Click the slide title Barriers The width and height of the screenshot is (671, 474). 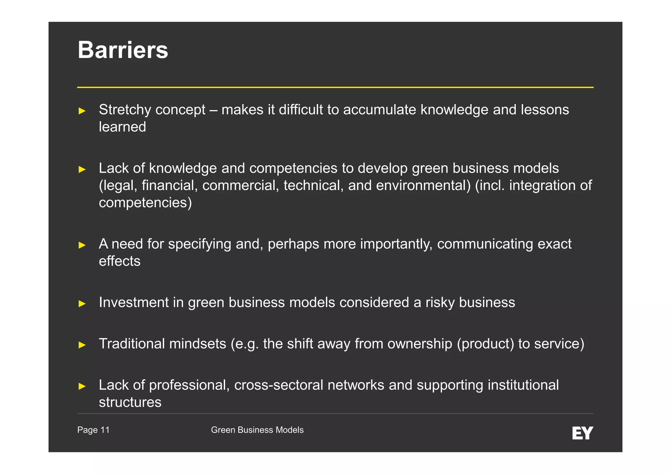coord(123,50)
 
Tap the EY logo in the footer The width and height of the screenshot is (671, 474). coord(583,433)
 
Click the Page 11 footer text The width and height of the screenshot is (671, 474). coord(93,430)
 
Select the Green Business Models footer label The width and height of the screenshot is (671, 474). coord(257,430)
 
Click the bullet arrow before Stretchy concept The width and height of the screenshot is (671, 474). coord(82,111)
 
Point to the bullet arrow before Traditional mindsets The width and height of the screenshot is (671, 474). coord(82,345)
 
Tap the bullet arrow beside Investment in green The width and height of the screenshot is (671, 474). coord(82,303)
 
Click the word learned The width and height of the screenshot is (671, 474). coord(123,127)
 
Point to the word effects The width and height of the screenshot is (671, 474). coord(120,261)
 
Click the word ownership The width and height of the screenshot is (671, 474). coord(420,344)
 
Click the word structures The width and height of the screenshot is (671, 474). coord(130,402)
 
